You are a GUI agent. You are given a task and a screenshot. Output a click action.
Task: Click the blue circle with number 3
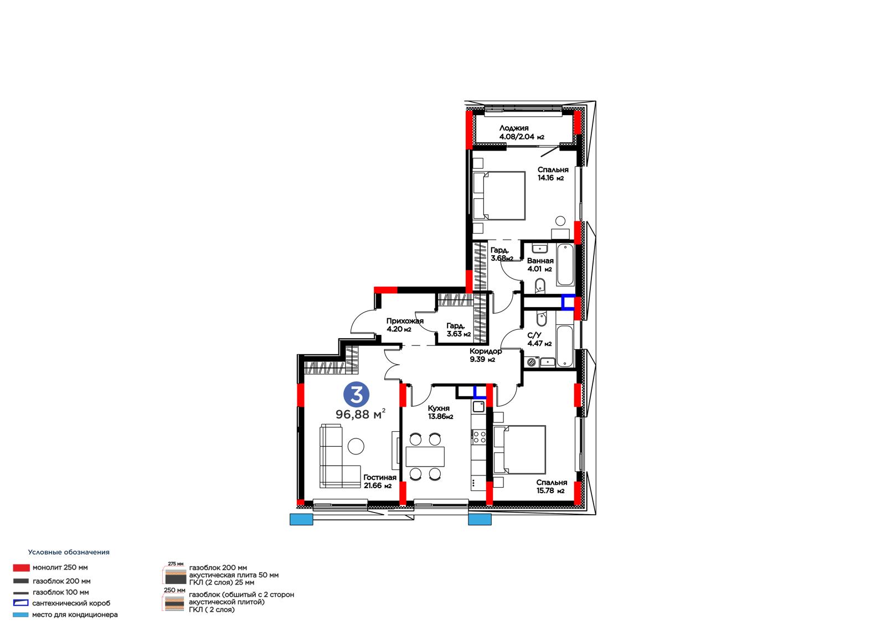point(357,394)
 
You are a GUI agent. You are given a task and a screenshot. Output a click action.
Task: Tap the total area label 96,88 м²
point(360,414)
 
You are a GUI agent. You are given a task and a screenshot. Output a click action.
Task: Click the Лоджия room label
point(514,128)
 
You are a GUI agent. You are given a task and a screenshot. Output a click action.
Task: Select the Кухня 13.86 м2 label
point(440,412)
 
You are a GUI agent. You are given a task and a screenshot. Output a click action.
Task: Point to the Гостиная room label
point(380,477)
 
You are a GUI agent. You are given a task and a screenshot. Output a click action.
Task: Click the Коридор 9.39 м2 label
point(486,355)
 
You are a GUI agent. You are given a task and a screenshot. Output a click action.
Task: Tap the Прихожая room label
point(405,321)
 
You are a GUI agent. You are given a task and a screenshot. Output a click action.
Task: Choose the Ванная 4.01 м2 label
point(540,265)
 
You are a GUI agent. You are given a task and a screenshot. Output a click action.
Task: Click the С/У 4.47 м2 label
point(539,339)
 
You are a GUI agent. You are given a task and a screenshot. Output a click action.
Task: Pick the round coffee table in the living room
point(356,446)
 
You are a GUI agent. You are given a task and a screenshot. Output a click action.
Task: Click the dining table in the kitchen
point(425,456)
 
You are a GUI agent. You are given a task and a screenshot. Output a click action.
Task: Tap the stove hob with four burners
point(479,437)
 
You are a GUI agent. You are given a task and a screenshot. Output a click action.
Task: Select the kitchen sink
point(478,406)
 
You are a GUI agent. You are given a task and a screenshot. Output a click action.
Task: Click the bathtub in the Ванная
point(565,265)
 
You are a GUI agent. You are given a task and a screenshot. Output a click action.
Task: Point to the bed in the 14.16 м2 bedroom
point(499,195)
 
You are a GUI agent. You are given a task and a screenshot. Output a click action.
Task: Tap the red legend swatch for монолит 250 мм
point(22,568)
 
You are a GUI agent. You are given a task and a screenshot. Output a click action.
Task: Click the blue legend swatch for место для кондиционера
point(20,615)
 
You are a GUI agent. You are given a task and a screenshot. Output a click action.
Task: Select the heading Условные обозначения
point(69,552)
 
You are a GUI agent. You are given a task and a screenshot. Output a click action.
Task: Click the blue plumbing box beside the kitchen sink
point(480,392)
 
